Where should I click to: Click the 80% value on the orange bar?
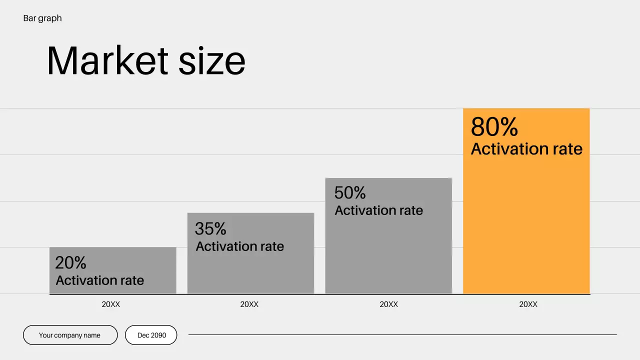coord(494,127)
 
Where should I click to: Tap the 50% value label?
coord(349,192)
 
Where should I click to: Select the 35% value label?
coord(210,228)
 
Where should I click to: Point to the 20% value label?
coord(70,262)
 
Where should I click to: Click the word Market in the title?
coord(107,61)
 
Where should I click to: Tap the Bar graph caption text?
coord(42,18)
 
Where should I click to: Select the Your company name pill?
coord(70,335)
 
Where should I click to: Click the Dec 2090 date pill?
coord(151,335)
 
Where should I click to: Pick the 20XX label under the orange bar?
coord(528,304)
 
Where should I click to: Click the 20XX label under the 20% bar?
coord(111,304)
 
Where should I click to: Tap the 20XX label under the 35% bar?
coord(249,304)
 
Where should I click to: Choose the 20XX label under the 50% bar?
coord(388,304)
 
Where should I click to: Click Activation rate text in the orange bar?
coord(526,149)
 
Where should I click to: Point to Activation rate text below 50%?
coord(378,210)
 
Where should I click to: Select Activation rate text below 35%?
coord(239,246)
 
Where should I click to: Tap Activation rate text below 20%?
coord(99,280)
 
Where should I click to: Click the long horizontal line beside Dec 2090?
coord(402,335)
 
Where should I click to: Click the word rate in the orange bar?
coord(563,149)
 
